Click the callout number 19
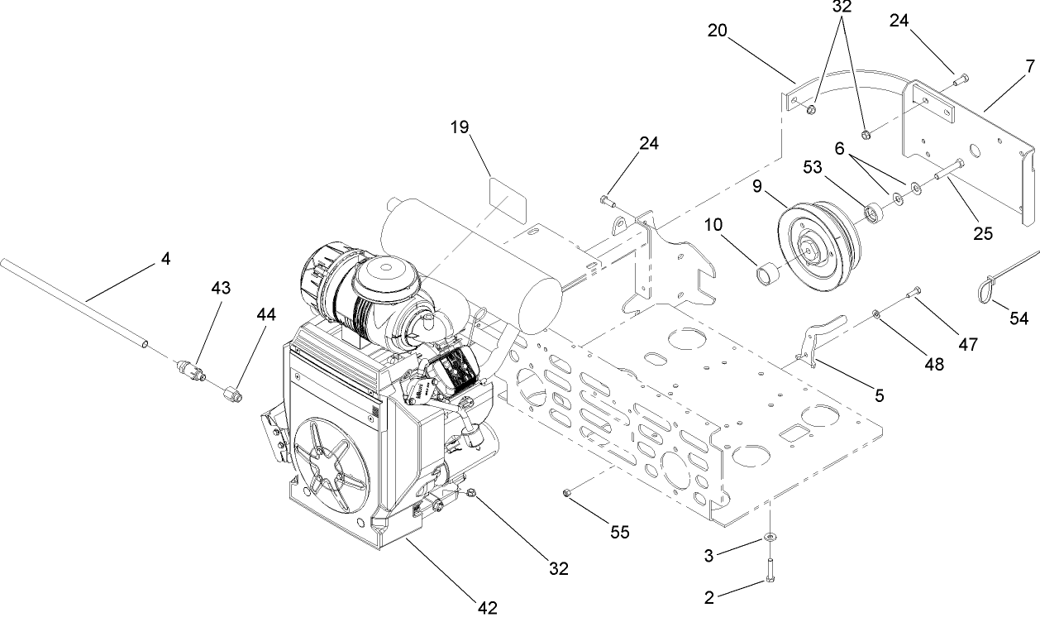pyautogui.click(x=460, y=127)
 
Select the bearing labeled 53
pyautogui.click(x=874, y=214)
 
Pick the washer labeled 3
pyautogui.click(x=770, y=538)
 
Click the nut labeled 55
pyautogui.click(x=566, y=494)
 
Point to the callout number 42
pyautogui.click(x=488, y=608)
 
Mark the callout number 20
pyautogui.click(x=718, y=31)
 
